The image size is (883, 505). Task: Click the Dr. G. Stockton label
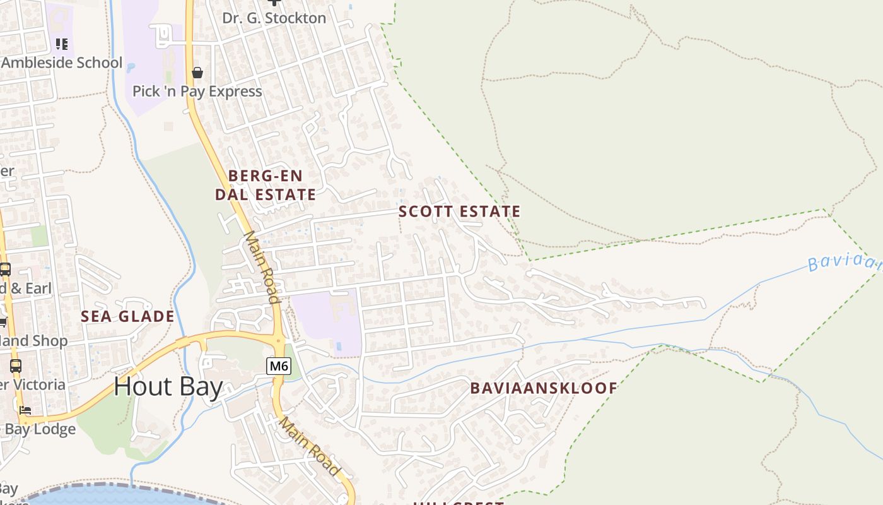274,18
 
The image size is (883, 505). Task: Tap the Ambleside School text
62,63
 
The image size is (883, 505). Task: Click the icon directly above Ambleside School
61,44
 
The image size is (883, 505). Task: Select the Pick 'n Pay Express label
197,92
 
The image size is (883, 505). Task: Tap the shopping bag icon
197,73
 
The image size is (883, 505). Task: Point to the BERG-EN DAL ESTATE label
266,185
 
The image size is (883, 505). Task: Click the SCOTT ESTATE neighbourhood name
460,211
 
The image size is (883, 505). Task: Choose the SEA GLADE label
127,317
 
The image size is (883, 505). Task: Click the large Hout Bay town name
168,386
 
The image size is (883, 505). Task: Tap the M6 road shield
278,365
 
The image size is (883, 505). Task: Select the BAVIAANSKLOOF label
544,388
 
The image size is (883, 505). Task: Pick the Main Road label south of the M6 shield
310,446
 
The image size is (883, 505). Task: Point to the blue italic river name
845,262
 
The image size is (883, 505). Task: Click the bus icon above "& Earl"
5,270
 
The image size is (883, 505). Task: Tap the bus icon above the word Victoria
16,365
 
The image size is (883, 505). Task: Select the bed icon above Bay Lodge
25,410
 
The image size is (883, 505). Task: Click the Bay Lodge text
40,430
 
